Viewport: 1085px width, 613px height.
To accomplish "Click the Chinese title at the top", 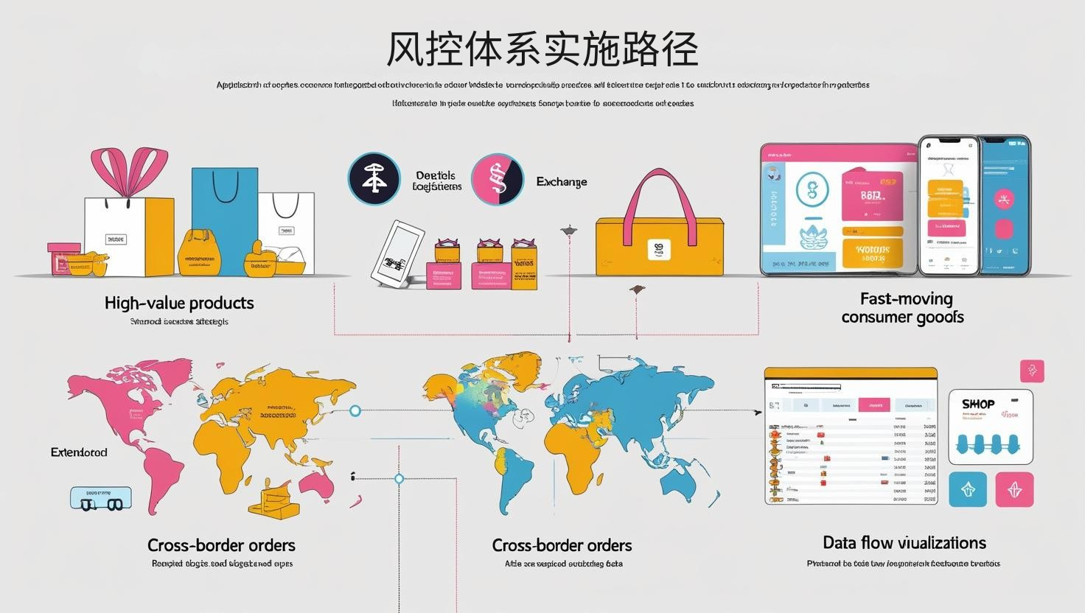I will (x=542, y=49).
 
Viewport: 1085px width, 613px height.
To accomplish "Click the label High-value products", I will (x=179, y=303).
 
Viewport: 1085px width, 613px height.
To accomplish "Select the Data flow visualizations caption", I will (x=904, y=543).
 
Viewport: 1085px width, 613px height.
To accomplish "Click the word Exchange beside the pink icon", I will (x=562, y=182).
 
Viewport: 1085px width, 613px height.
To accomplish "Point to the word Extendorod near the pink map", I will (x=79, y=452).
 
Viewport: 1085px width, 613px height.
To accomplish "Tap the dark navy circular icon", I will (x=374, y=179).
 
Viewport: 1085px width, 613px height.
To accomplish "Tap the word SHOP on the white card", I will (x=978, y=404).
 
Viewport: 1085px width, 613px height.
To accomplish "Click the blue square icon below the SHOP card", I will (x=968, y=490).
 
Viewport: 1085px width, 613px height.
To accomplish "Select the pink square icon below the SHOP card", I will (x=1014, y=490).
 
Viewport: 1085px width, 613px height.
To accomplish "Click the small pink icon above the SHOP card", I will (x=1032, y=371).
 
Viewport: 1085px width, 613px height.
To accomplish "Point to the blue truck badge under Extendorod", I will (x=101, y=499).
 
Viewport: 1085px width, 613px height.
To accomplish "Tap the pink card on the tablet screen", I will (x=871, y=196).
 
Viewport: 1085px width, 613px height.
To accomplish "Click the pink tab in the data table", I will (x=874, y=405).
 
